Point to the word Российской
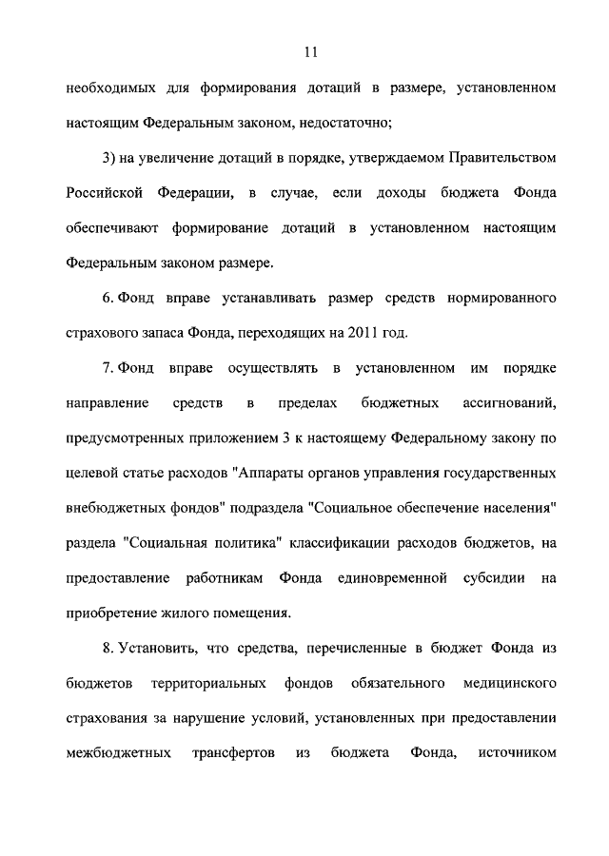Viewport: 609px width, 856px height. (105, 193)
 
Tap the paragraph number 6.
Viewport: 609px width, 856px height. (108, 299)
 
